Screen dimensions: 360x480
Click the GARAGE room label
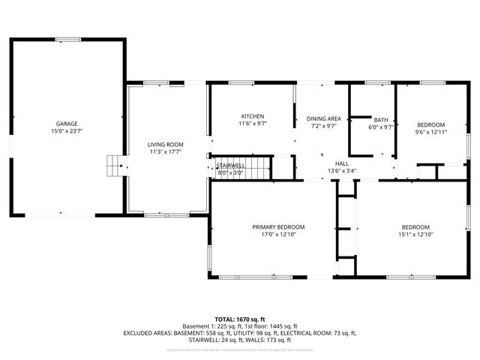click(67, 124)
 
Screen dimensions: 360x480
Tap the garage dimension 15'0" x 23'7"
click(67, 131)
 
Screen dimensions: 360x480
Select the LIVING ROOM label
click(165, 144)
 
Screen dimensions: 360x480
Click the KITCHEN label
click(252, 115)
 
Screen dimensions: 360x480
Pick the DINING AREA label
click(323, 118)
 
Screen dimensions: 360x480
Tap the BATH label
click(381, 120)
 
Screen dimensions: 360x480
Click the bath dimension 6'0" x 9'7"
click(381, 127)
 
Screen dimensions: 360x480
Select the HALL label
click(341, 163)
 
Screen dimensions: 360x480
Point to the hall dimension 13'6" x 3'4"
click(341, 170)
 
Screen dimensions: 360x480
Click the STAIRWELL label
click(230, 165)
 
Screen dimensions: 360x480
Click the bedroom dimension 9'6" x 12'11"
click(430, 132)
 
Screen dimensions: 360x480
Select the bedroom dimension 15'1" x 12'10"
click(415, 234)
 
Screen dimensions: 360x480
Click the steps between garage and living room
click(114, 164)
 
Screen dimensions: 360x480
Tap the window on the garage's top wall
click(67, 39)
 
